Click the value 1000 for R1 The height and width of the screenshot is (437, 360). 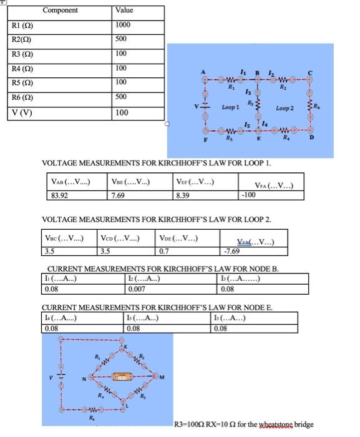coord(123,24)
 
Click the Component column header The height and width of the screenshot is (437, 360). coord(61,10)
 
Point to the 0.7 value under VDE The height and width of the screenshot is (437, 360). coord(164,251)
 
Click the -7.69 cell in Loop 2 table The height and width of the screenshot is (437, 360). coord(231,251)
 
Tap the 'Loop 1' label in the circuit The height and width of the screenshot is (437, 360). coord(231,108)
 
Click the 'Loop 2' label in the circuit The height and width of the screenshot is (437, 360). coord(285,108)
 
